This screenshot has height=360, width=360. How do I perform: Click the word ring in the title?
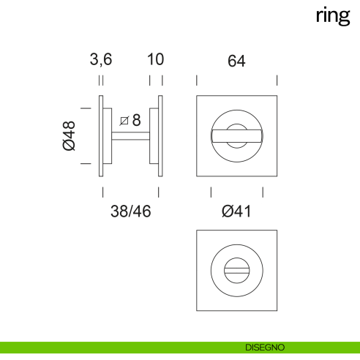click(333, 17)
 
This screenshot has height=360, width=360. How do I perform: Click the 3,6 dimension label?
click(101, 61)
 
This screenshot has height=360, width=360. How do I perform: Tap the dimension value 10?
click(156, 61)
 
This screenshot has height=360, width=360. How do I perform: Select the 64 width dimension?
click(236, 61)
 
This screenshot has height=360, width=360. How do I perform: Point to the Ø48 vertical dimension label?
click(70, 135)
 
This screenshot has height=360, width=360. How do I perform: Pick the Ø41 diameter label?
click(236, 211)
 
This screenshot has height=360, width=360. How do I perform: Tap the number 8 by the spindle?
click(135, 119)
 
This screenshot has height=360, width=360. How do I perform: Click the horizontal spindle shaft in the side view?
click(131, 135)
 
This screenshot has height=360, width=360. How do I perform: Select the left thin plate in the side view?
click(101, 136)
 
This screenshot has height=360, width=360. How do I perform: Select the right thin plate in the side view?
click(160, 136)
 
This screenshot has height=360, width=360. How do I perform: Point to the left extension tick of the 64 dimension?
click(196, 79)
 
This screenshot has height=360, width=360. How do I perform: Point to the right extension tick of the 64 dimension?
click(277, 79)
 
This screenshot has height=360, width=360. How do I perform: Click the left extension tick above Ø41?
click(211, 192)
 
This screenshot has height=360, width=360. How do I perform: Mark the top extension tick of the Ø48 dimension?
click(85, 108)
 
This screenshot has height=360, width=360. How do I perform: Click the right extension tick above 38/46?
click(160, 192)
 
